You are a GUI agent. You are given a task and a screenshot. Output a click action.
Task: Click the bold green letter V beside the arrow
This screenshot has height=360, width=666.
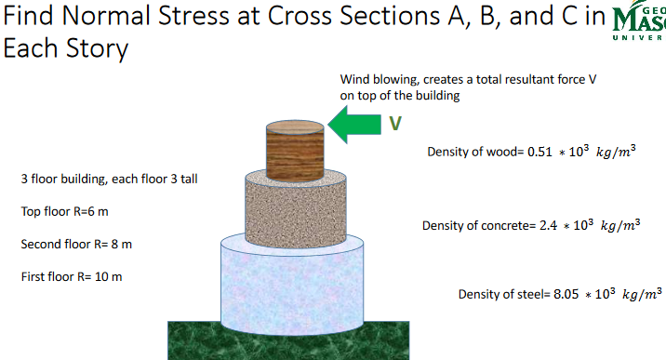click(395, 123)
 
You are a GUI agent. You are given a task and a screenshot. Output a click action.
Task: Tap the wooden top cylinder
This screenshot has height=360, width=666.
click(296, 149)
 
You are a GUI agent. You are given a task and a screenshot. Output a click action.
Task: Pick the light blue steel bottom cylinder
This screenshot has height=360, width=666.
click(296, 284)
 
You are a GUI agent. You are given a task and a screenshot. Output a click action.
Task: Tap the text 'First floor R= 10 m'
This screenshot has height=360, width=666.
click(71, 276)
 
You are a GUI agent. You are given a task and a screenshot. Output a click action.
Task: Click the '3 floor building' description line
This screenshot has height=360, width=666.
click(109, 179)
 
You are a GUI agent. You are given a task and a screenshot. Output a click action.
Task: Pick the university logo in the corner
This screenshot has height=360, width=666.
click(641, 28)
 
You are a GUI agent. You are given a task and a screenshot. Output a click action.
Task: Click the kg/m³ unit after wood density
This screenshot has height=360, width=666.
click(615, 152)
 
